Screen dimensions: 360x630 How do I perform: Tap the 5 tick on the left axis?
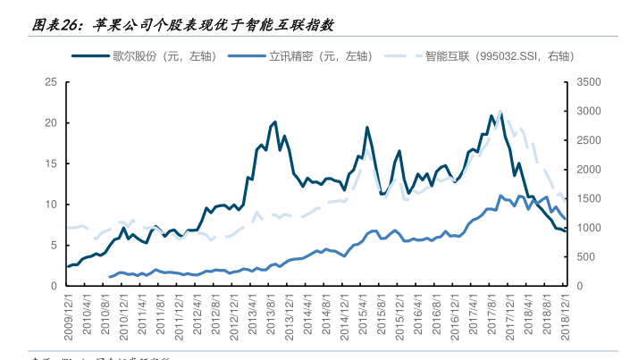coord(55,245)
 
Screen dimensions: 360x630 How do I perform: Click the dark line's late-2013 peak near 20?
coord(274,121)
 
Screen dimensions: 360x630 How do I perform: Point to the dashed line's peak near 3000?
coord(500,112)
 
